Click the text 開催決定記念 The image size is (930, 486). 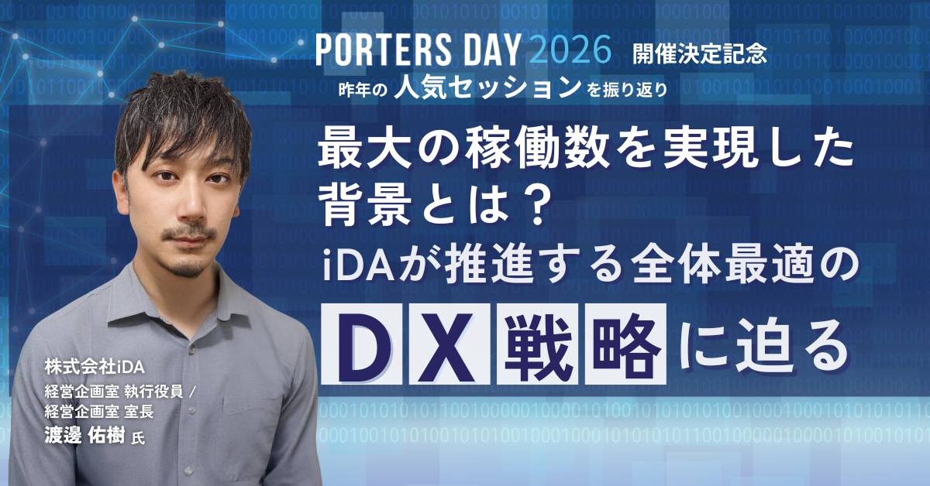[700, 53]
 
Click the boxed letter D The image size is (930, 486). [362, 344]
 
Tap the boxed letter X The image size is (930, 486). [449, 344]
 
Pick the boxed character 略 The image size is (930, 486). [625, 344]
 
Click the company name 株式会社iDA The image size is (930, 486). [95, 367]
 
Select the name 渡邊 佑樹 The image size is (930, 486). [84, 435]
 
